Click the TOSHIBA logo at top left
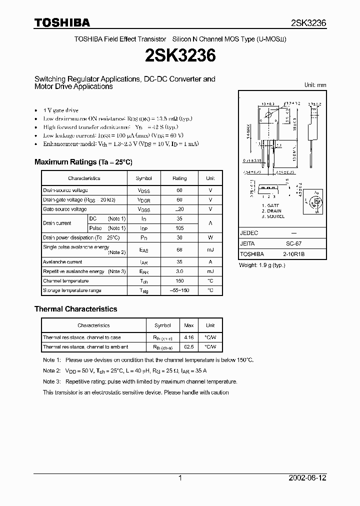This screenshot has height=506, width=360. [x=62, y=22]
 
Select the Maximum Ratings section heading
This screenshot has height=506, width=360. [x=83, y=162]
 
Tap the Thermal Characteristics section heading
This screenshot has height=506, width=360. [x=75, y=309]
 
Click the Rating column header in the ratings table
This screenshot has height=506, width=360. [x=179, y=178]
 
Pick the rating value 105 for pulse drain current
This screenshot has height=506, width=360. [x=179, y=228]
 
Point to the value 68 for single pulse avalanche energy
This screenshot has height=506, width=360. [x=179, y=250]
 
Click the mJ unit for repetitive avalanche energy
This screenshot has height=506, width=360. [x=210, y=271]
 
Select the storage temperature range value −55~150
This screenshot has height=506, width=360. [x=179, y=290]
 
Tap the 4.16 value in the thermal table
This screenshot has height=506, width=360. [x=189, y=337]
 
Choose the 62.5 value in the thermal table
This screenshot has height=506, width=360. [x=189, y=346]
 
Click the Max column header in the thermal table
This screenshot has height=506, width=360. [x=189, y=325]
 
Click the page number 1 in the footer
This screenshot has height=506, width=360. [x=180, y=478]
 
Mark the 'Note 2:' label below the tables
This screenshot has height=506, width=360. [x=51, y=370]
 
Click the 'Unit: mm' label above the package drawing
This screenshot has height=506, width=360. [x=315, y=85]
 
